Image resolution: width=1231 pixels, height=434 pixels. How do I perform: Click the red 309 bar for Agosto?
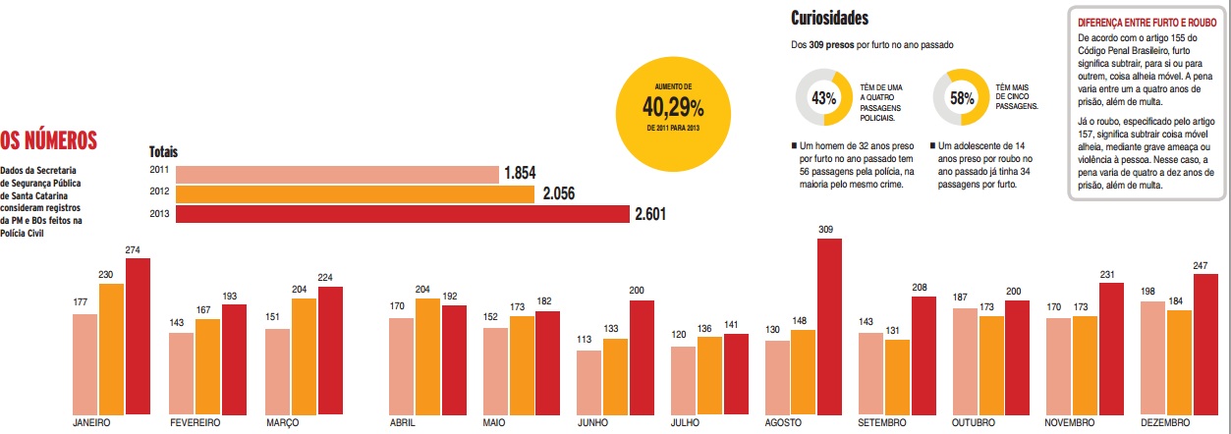tap(830, 325)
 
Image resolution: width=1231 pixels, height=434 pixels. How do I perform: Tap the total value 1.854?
tap(520, 173)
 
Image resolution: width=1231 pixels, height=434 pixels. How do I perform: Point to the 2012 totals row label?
tap(159, 192)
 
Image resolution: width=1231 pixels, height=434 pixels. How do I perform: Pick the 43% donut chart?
tap(823, 98)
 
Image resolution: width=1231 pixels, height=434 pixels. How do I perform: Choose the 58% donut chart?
tap(961, 98)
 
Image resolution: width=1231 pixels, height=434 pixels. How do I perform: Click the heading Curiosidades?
tap(829, 18)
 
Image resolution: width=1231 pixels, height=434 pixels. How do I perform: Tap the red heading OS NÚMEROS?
tap(49, 140)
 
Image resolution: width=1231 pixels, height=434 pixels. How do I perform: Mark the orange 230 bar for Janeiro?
tap(112, 348)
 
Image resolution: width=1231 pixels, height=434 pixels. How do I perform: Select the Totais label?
tap(163, 152)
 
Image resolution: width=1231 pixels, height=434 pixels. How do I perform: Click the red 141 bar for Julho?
tap(735, 373)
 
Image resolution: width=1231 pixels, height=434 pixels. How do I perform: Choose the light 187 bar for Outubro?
tap(965, 359)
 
